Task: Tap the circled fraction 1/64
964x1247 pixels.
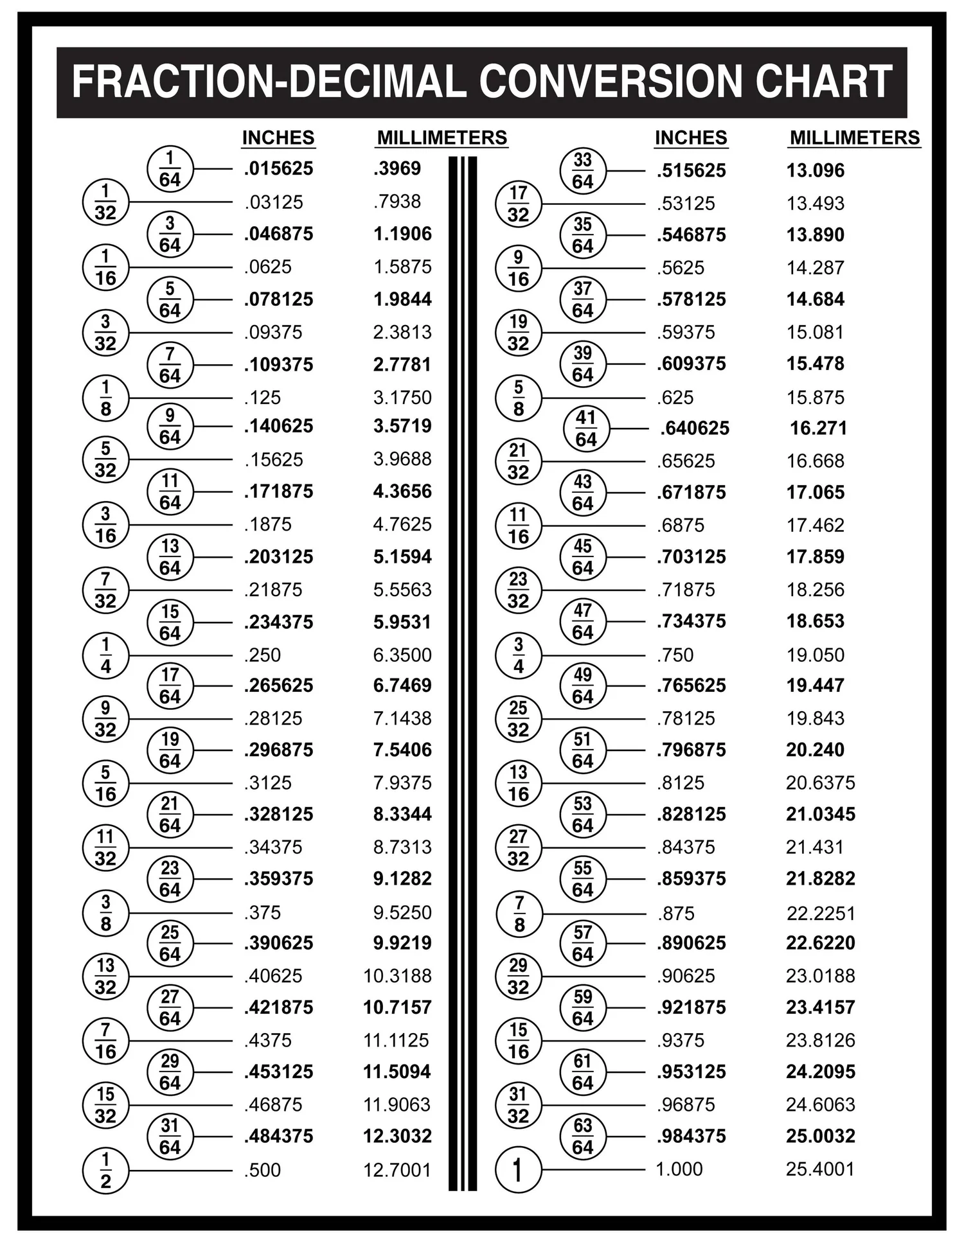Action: (170, 169)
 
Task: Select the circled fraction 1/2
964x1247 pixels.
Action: (105, 1170)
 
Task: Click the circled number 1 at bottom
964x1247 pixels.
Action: (518, 1170)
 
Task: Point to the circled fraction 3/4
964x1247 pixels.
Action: (518, 655)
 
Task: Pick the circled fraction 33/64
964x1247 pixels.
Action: (582, 170)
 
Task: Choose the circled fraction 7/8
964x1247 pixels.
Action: (519, 914)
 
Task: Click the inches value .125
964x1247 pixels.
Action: (262, 398)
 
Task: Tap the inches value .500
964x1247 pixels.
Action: (262, 1170)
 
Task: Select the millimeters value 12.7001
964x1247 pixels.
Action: (397, 1170)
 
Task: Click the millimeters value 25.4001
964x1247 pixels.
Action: (820, 1169)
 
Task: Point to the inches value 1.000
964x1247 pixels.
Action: (679, 1169)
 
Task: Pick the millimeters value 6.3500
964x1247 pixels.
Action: (402, 655)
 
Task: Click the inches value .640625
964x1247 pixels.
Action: (694, 429)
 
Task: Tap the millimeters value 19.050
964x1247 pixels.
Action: (815, 655)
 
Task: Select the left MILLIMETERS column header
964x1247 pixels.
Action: (442, 137)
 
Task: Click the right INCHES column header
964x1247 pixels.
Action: (691, 137)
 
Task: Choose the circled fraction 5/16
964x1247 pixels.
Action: (105, 783)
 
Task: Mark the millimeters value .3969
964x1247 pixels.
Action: (397, 168)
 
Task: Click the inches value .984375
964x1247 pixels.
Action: (691, 1136)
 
